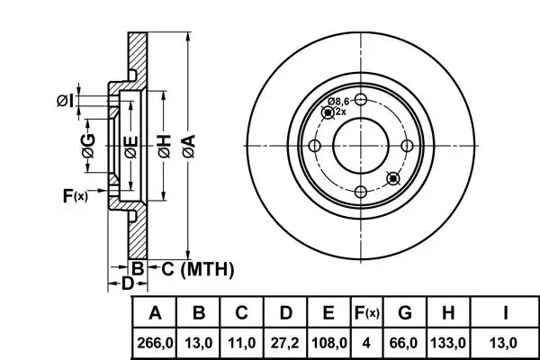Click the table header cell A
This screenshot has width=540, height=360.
(x=156, y=313)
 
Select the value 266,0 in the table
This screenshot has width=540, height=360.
(x=156, y=342)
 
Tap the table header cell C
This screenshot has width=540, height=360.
(x=241, y=313)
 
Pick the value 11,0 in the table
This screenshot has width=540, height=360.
(x=241, y=342)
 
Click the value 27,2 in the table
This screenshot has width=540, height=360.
(x=285, y=342)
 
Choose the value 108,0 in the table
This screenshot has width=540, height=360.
(x=328, y=342)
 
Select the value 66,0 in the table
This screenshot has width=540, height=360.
(x=404, y=342)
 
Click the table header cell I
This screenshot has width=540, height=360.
(x=507, y=313)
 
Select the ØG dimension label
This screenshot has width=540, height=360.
(x=88, y=153)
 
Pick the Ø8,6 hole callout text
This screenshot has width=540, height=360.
(x=338, y=101)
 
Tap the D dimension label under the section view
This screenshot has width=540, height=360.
(x=127, y=283)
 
